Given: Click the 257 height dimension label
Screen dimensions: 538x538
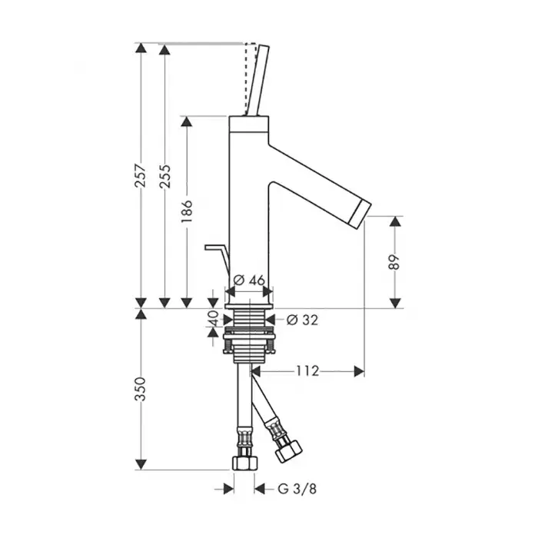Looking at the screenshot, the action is coord(141,176).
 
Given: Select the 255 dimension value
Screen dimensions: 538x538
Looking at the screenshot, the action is coord(165,176).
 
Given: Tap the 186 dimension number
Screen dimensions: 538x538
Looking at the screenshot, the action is coord(187,211).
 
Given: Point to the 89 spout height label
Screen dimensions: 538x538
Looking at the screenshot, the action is coord(395,262).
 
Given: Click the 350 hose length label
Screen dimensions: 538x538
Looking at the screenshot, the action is coord(141,389).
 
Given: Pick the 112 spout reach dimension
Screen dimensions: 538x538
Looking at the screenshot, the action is coord(307,371).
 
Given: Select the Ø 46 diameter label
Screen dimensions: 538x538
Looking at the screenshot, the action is coord(249,281).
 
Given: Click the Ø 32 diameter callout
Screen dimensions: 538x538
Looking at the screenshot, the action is coord(302,320).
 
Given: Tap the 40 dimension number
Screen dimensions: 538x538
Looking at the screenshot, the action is coord(213,318).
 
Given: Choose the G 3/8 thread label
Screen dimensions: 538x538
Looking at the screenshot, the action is coord(297,489).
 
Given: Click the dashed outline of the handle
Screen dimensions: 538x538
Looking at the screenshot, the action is coord(251,79).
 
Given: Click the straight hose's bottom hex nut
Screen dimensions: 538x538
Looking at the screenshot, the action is coord(245,463).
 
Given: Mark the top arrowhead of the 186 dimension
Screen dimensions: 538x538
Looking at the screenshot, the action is coord(187,121).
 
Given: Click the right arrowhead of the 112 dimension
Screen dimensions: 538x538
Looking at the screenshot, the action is coord(359,371).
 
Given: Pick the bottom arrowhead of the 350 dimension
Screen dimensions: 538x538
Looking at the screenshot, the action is coord(141,464).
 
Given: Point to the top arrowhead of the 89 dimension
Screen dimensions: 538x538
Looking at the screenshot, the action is coord(396,221).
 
